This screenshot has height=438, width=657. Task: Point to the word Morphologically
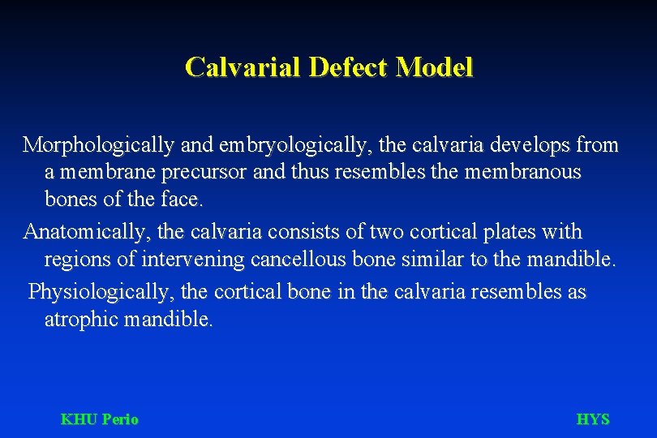coord(97,146)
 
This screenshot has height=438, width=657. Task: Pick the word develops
coord(526,145)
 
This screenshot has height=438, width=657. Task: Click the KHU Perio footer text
coord(100,419)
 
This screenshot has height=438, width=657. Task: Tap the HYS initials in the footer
coord(592,419)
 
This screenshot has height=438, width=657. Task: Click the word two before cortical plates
coord(386,232)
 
